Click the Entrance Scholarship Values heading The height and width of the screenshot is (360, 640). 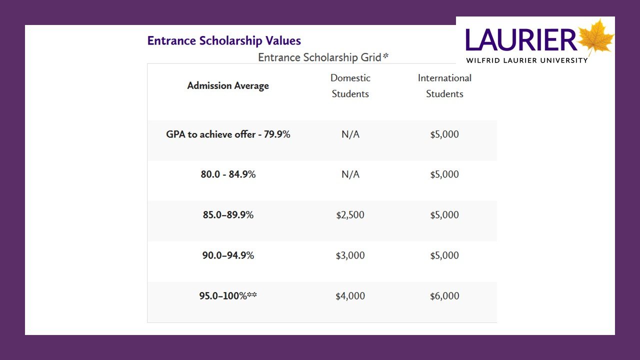point(224,40)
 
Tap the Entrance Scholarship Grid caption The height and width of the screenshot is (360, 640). point(323,57)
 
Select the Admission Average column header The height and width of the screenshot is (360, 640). point(228,85)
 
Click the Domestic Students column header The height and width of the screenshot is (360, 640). point(350,85)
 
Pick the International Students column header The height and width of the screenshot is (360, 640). point(444,85)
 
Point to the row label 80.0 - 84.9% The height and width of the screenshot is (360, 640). point(228,174)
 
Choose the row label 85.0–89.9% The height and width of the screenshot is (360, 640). point(228,215)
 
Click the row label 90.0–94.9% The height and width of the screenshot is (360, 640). point(228,255)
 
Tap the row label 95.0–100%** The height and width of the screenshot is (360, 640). point(228,295)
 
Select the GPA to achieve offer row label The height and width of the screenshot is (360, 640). point(228,134)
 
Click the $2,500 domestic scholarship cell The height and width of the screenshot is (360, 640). point(350,215)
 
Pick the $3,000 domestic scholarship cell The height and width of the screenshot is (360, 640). point(350,255)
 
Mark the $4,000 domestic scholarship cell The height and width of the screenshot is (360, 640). point(350,295)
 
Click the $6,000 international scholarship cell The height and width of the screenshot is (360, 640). point(444,295)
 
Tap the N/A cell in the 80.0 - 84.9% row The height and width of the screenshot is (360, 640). point(350,174)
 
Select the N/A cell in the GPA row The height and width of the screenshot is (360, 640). point(350,134)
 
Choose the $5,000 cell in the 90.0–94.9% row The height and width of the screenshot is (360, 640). point(444,255)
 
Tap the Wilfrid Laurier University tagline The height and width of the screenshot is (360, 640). point(527,60)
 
